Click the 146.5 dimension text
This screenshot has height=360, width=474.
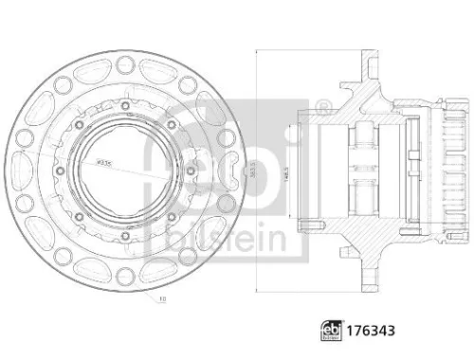coord(284,175)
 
